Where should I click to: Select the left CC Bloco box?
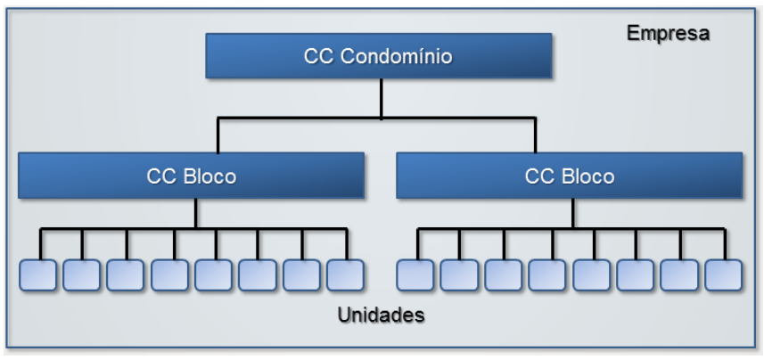point(191,176)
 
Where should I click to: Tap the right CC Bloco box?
point(568,176)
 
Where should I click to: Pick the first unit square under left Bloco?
point(38,275)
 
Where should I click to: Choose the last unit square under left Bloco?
point(345,275)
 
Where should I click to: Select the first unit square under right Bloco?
point(415,275)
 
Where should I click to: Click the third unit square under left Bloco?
point(126,275)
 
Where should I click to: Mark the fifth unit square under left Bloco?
point(214,275)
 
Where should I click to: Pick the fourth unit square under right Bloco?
point(546,275)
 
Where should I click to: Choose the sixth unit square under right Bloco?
point(635,275)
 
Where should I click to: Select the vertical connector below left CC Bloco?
point(195,214)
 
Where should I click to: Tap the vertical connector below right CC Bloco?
point(572,214)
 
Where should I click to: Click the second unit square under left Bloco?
point(82,275)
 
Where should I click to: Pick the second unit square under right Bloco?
point(459,275)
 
